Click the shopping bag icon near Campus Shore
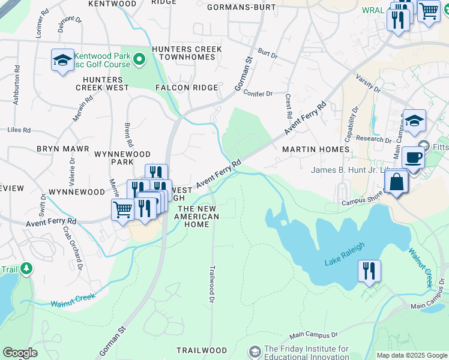[x=397, y=182]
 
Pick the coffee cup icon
[x=413, y=158]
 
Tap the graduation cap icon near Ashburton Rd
[x=62, y=60]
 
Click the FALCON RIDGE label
[x=187, y=88]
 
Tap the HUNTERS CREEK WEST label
[x=106, y=83]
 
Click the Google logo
[x=20, y=353]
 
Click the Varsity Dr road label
[x=369, y=83]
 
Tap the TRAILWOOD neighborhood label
[x=202, y=350]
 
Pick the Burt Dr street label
[x=268, y=55]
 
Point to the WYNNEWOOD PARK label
[x=122, y=158]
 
